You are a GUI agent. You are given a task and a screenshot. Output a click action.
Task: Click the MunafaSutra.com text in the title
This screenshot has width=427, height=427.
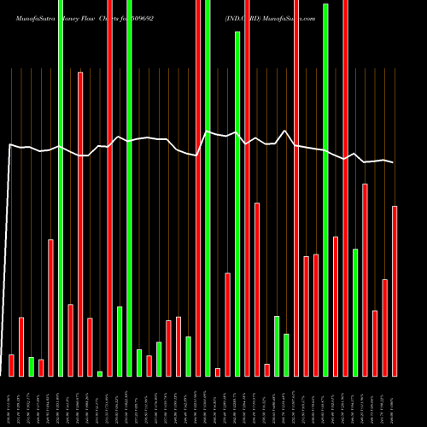point(298,16)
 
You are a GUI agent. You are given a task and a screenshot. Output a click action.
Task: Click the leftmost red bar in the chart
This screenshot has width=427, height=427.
point(11,365)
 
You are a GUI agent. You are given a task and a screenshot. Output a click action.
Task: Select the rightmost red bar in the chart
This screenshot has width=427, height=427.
point(395,290)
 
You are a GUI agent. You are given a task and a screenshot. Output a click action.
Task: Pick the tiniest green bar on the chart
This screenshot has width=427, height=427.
point(100,373)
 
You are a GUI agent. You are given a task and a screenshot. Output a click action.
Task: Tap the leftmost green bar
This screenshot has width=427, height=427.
point(31,366)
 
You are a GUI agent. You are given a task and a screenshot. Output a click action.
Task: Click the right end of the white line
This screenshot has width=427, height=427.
point(394,162)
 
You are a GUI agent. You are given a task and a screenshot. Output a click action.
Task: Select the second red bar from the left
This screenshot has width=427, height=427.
point(21,346)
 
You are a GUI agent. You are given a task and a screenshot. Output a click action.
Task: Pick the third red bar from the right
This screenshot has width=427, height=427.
point(375,342)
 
